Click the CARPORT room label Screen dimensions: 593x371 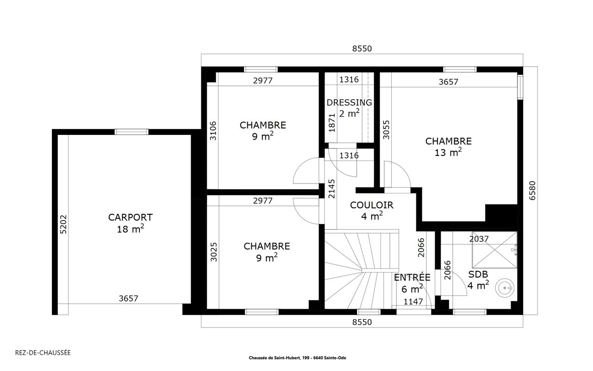(131, 217)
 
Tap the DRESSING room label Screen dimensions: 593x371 (349, 102)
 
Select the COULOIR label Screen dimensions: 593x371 (372, 205)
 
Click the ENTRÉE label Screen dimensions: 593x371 (412, 277)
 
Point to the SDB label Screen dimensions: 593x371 (478, 274)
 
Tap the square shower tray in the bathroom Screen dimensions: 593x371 (494, 250)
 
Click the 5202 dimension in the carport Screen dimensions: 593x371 (63, 224)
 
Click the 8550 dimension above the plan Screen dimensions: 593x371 (362, 49)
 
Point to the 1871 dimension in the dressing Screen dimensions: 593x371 (332, 123)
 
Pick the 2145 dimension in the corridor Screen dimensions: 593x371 (331, 189)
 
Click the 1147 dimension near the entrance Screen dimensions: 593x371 (413, 301)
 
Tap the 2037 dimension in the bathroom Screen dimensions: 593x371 (479, 239)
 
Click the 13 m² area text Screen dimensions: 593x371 (448, 152)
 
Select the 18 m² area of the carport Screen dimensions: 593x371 (131, 229)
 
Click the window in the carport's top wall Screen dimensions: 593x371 (131, 132)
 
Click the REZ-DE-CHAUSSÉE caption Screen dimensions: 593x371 (43, 353)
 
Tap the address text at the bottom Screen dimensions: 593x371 (297, 358)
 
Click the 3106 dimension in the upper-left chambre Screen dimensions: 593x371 (213, 131)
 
